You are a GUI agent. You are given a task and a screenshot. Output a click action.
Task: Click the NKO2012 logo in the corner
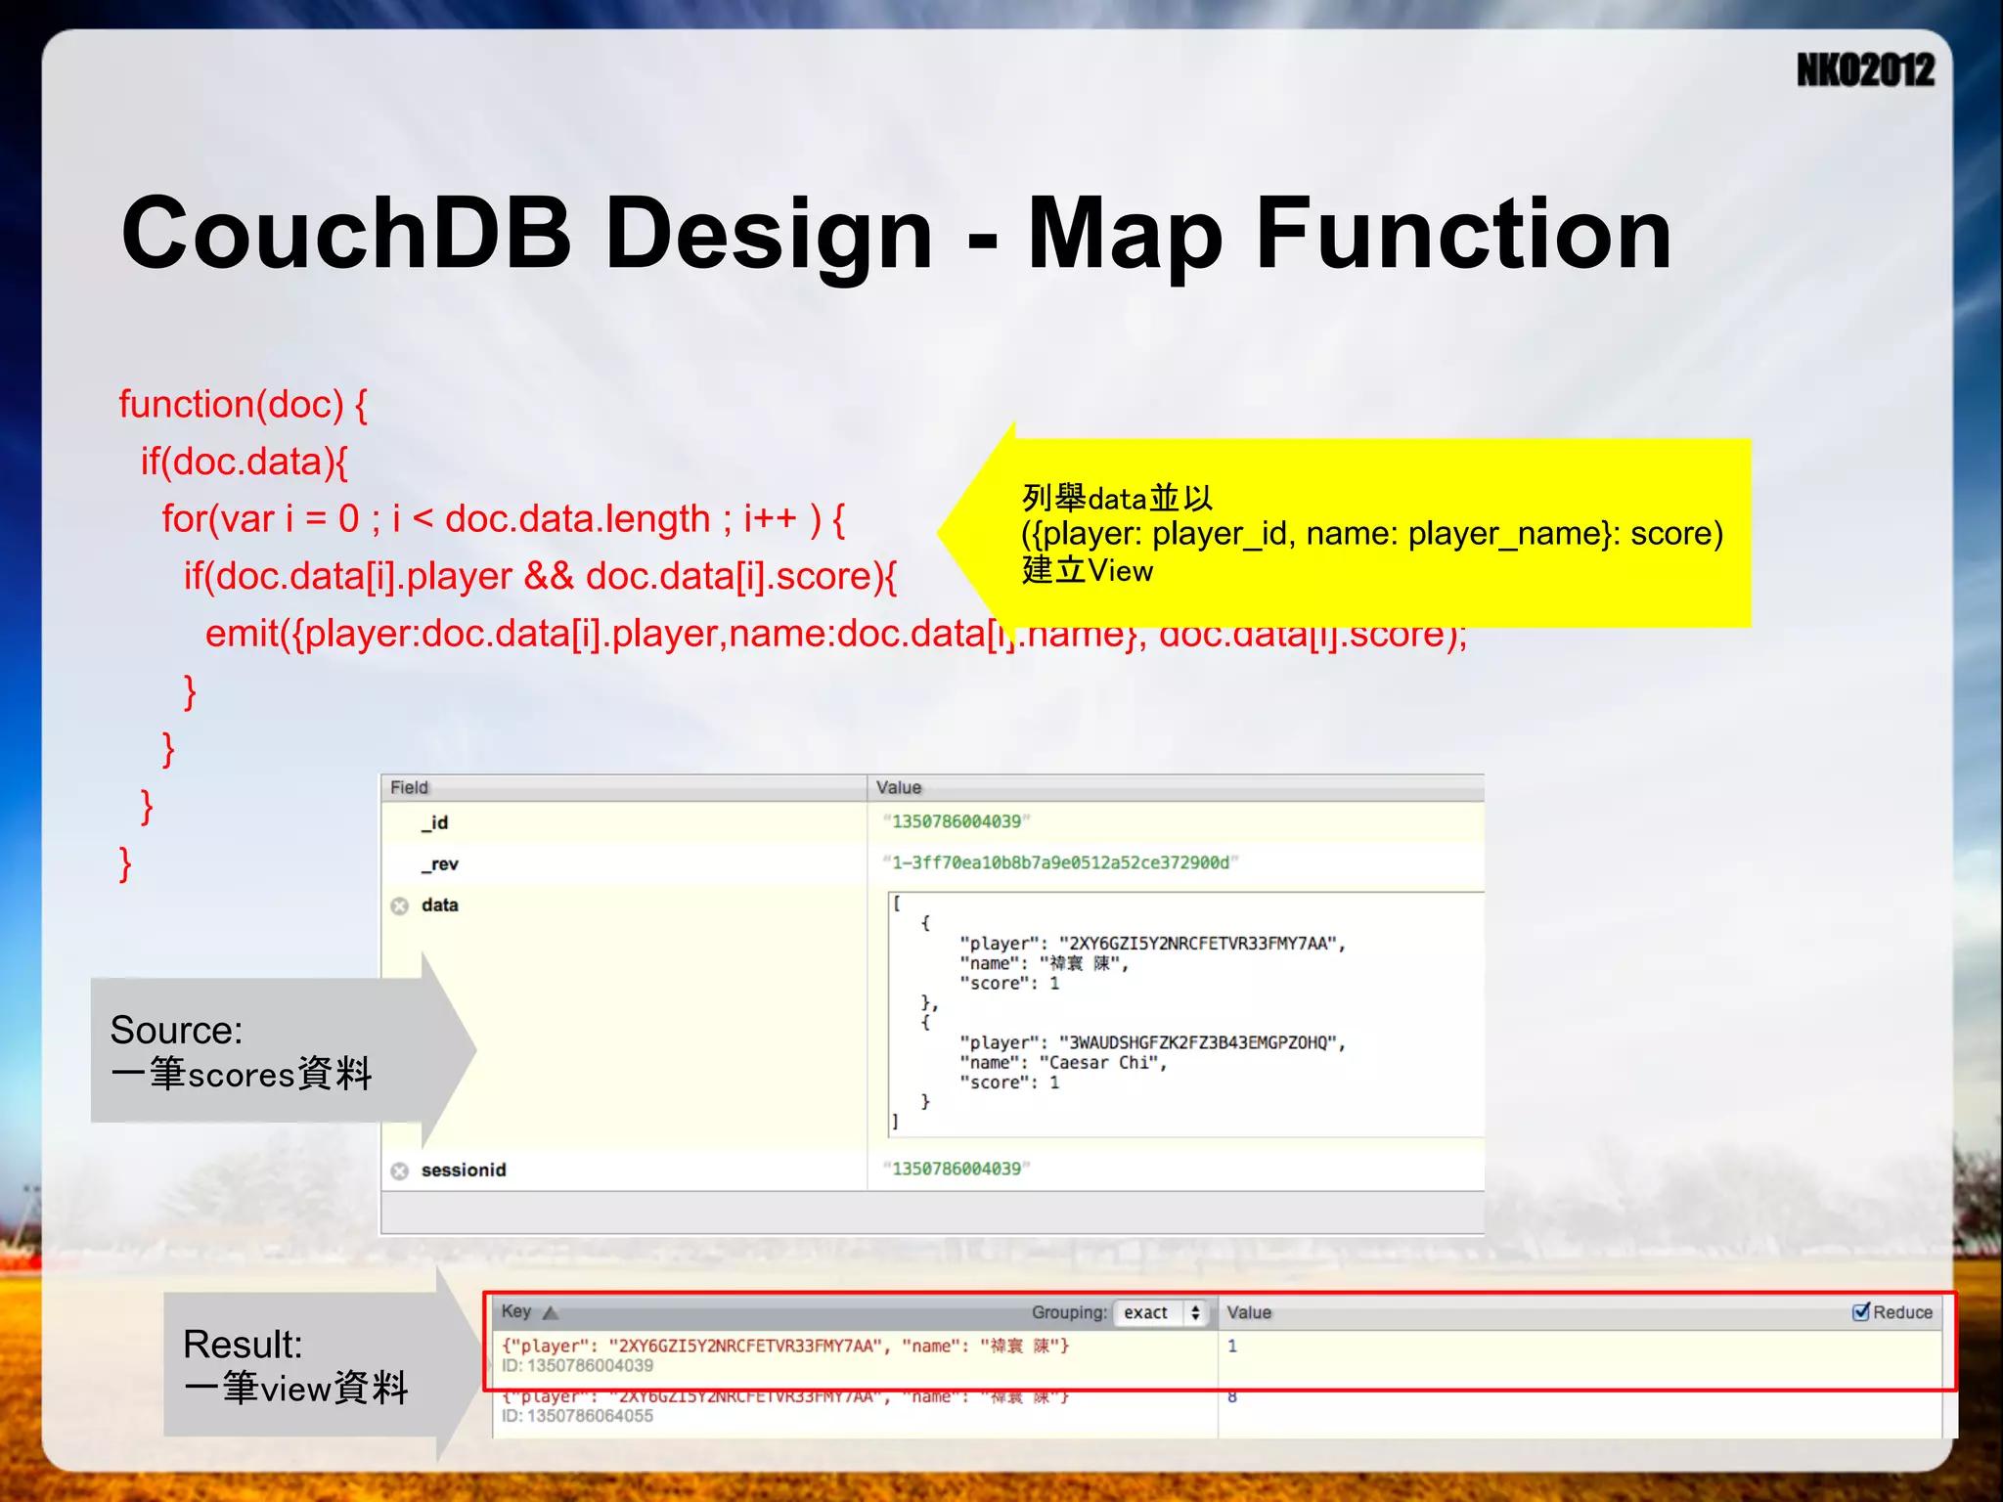point(1865,70)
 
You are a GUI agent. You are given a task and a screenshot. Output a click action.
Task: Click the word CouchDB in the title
point(345,234)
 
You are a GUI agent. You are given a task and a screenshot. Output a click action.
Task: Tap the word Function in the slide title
point(1463,234)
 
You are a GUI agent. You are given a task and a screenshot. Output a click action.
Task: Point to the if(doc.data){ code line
point(244,462)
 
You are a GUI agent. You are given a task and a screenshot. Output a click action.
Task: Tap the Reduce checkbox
point(1861,1312)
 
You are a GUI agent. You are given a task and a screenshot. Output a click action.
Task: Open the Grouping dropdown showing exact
point(1161,1312)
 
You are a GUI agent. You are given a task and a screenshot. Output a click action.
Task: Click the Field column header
point(409,787)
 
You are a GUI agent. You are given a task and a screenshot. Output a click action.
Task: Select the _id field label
point(435,822)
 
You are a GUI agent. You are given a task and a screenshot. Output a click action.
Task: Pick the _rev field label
point(439,863)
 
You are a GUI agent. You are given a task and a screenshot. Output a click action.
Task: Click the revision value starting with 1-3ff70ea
point(1060,862)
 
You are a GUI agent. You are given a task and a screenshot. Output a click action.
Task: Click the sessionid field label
point(464,1170)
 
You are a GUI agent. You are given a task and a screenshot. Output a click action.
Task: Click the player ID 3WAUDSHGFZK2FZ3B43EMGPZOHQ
point(1202,1042)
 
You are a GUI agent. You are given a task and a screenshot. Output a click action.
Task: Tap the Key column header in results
point(516,1311)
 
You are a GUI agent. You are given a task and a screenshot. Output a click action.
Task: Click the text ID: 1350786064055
point(577,1416)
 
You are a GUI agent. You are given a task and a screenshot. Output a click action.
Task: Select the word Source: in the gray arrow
point(177,1030)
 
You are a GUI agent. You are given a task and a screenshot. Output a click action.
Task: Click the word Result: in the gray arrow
point(243,1345)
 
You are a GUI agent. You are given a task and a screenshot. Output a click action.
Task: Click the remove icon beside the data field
point(399,906)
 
